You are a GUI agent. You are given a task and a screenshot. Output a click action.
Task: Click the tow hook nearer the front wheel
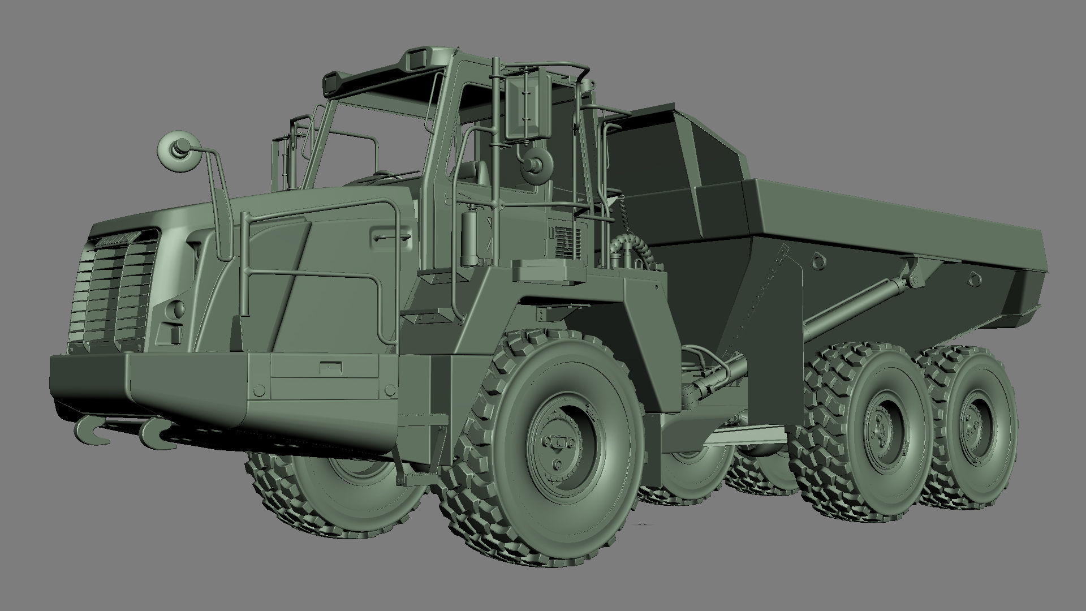[x=153, y=433]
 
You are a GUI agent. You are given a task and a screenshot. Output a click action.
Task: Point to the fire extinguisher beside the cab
[x=468, y=237]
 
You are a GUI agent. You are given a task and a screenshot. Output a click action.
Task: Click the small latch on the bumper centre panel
[x=326, y=367]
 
